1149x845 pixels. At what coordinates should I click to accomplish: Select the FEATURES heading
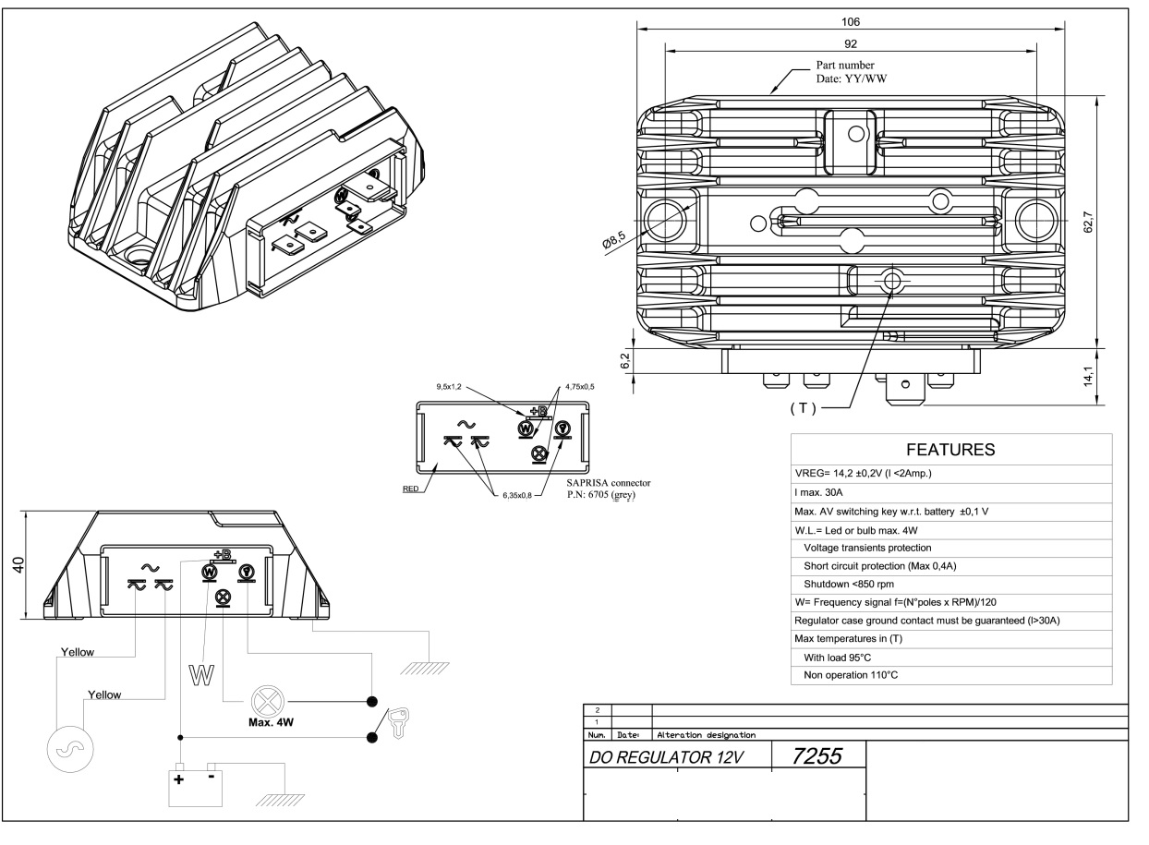click(949, 450)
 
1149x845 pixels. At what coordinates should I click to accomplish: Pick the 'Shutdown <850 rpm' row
click(848, 584)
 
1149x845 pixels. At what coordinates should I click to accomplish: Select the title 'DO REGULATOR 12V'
click(676, 760)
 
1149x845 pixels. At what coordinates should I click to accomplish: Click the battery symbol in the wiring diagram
click(194, 785)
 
